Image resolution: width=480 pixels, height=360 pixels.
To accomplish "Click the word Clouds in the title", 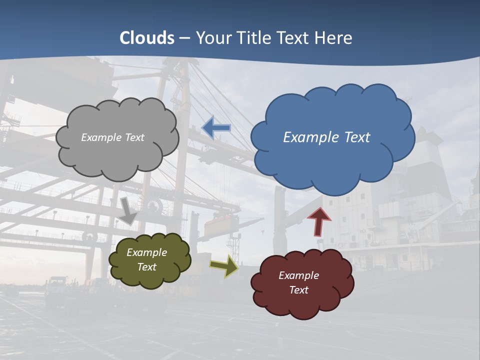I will (147, 38).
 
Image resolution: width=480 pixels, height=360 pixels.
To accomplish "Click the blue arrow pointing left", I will (216, 128).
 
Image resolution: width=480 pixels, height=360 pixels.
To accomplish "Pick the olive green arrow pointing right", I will (223, 266).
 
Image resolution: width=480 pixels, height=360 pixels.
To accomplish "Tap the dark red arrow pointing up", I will (319, 221).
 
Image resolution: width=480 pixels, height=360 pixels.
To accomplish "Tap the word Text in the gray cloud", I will (134, 137).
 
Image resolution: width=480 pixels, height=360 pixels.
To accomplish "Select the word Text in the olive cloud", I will (147, 267).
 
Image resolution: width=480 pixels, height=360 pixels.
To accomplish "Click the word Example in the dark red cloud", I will (298, 275).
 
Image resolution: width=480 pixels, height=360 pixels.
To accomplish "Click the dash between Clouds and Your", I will (184, 38).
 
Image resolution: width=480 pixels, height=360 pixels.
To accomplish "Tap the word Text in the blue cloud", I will (356, 137).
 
